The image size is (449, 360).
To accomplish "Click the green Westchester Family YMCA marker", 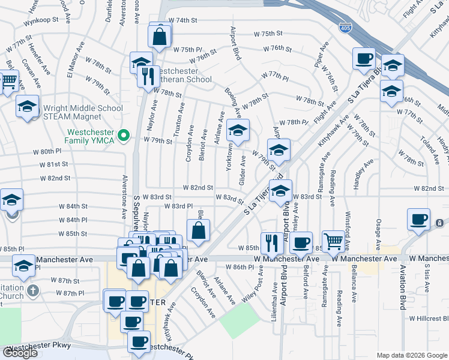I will tap(124, 134).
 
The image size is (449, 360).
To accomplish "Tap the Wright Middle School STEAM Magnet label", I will tap(83, 112).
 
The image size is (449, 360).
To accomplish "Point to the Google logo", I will tap(20, 353).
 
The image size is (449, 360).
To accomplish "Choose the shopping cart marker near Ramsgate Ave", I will tap(333, 241).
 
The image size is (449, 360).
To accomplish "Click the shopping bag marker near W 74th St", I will tap(161, 37).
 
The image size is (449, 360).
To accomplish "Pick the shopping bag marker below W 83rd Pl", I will tap(199, 230).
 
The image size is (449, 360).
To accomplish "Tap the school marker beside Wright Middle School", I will tap(27, 106).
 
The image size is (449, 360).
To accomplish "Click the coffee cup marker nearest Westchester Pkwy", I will tap(139, 342).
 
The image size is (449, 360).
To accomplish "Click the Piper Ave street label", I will tap(325, 54).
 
